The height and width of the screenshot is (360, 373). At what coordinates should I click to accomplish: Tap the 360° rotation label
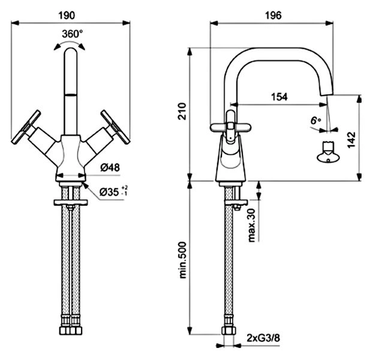(x=71, y=34)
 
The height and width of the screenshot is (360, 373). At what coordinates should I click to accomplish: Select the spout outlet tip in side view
(x=328, y=97)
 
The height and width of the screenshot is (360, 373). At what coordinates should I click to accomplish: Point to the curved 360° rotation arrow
(x=71, y=44)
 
